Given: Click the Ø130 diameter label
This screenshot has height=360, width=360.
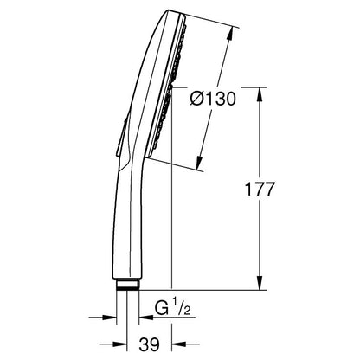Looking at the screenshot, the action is coord(213,99).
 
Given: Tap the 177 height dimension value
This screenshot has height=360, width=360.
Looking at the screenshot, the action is coord(259,190).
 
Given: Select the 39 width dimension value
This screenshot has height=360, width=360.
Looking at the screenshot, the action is coord(149,344).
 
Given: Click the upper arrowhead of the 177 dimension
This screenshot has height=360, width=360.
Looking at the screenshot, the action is coord(260,94).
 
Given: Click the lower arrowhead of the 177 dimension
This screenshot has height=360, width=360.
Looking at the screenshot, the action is coord(260,283).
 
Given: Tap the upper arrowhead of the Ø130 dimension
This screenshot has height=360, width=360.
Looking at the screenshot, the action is coord(230,33).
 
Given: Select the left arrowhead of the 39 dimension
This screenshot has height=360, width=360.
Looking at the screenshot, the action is coord(120,344).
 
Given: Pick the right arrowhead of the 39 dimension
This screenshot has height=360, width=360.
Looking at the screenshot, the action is coord(179,344).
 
